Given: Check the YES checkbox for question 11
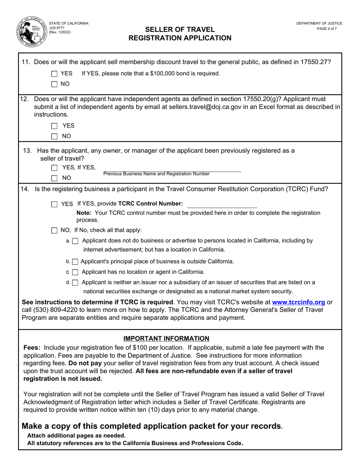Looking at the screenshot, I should coord(55,74).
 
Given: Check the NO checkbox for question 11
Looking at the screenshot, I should coord(55,84).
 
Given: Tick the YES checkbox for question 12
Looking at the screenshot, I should coord(55,126).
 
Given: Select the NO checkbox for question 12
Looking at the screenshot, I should coord(55,136).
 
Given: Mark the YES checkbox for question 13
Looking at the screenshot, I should coord(55,168).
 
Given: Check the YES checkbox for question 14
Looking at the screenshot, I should coord(55,204).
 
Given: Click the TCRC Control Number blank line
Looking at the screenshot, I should coord(222,205).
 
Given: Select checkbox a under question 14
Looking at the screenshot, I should coord(75,241).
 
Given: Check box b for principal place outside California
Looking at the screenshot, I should coord(75,262).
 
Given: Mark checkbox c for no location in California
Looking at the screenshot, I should coord(75,272).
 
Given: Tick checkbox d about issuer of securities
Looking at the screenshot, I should coord(75,283).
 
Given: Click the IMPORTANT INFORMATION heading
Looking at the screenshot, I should coord(166,338).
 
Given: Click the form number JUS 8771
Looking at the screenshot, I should coord(57,28).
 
